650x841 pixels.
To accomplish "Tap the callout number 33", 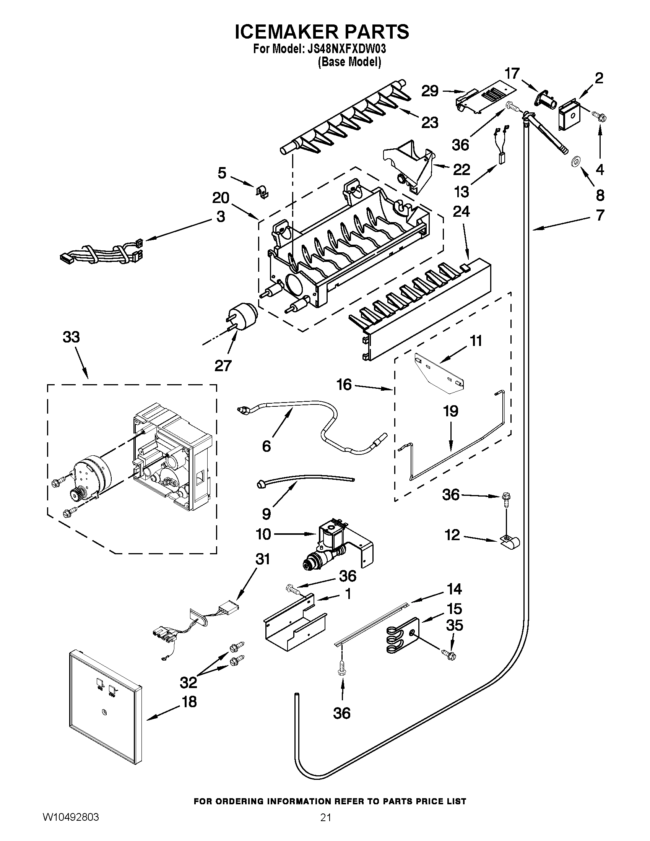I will click(x=71, y=337).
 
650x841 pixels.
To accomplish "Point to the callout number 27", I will click(x=223, y=365).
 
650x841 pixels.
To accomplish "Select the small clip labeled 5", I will click(x=263, y=191).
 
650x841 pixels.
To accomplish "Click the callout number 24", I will click(x=461, y=211).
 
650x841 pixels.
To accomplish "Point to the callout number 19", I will click(x=450, y=411).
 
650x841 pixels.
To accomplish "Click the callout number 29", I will click(x=430, y=91).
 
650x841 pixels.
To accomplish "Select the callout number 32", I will click(x=188, y=682).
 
